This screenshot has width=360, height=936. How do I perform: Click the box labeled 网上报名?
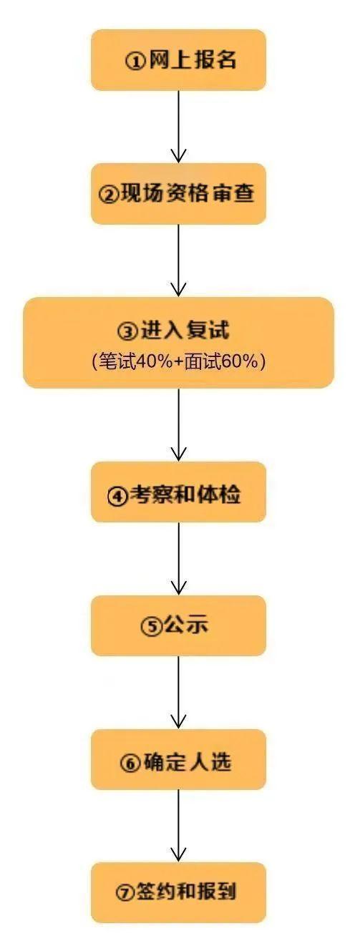coord(178,60)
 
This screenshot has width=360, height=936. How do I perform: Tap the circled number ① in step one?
coord(135,62)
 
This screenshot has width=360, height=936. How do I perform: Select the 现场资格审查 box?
coord(178,194)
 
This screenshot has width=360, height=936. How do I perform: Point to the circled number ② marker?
coord(108,195)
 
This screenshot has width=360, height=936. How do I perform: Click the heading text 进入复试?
coord(185,330)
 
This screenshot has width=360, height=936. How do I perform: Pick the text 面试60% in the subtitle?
coord(222,361)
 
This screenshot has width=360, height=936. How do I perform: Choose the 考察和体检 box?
coord(178,492)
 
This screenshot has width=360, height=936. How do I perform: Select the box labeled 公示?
coord(178,625)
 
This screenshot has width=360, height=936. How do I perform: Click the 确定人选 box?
coord(178,760)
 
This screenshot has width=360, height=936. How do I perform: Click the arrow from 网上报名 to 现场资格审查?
coord(178,127)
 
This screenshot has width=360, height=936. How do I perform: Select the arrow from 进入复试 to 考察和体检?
coord(178,424)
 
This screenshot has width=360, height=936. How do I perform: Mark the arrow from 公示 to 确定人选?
coord(178,693)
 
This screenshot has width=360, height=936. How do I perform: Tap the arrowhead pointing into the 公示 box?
coord(178,588)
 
